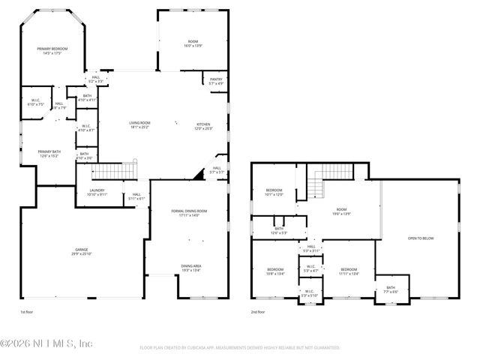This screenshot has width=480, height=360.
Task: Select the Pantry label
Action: [215, 81]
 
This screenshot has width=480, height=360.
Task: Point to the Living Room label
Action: [139, 124]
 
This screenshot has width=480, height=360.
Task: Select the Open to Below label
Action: [421, 238]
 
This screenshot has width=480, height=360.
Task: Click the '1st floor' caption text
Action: [27, 311]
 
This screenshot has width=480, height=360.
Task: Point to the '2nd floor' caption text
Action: [259, 311]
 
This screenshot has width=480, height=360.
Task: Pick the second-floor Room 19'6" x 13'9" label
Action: [342, 212]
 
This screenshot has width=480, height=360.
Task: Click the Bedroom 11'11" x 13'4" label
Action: [349, 271]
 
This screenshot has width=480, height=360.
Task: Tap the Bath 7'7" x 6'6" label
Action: [391, 289]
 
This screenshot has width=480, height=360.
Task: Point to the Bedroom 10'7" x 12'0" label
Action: [274, 192]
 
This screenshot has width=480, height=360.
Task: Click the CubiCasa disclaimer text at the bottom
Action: [239, 348]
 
